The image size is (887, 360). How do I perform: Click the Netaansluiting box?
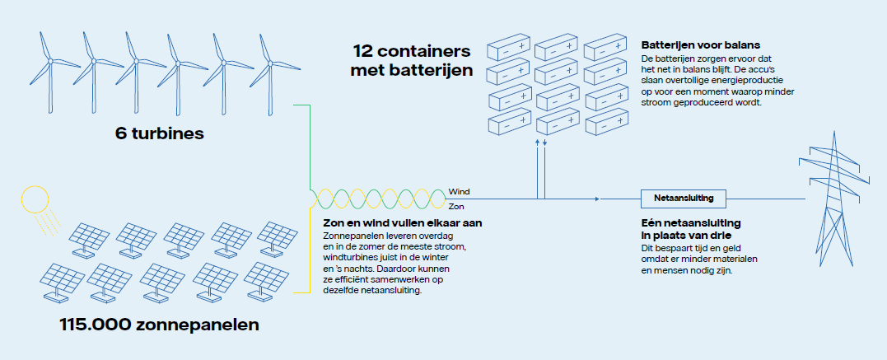click(678, 199)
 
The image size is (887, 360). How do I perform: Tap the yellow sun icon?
click(35, 200)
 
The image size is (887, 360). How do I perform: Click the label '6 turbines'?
click(159, 133)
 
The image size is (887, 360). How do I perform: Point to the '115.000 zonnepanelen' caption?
click(159, 325)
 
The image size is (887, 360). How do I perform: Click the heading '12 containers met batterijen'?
click(412, 60)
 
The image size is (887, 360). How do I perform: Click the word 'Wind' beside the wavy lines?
click(459, 190)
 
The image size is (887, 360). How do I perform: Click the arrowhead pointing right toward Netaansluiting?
click(595, 199)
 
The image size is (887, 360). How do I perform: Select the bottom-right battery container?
click(608, 124)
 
